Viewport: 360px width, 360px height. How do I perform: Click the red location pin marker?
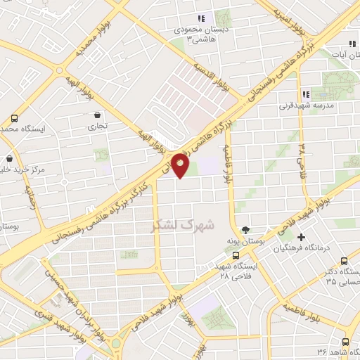point(181,167)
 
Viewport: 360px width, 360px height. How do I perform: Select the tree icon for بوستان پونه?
point(245,229)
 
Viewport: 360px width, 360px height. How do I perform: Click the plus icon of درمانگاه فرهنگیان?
point(302,238)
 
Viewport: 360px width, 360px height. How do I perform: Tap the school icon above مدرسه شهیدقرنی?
point(305,94)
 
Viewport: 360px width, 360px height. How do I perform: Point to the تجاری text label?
point(95,127)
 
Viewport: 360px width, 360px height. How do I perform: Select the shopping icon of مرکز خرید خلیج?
point(8,159)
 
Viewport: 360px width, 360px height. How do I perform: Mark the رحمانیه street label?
point(30,195)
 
